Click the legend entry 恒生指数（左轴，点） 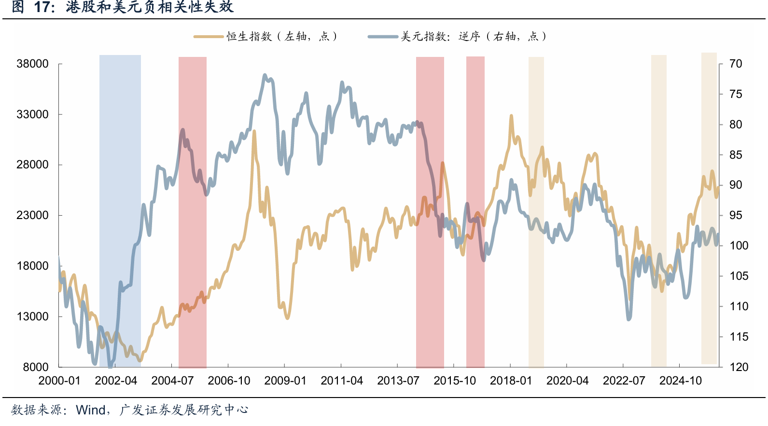266,36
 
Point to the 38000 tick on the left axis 33,64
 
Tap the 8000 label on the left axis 36,367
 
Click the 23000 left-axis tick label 33,215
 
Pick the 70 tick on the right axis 736,64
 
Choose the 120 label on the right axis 739,367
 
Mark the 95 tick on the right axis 736,215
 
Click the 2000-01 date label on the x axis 59,381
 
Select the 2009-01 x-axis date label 285,381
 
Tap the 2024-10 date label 681,381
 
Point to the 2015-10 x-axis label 455,381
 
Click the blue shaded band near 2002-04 120,211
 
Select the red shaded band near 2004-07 192,212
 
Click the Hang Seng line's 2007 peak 254,131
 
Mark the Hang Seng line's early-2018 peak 511,115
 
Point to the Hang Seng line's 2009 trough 287,318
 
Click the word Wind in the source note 91,410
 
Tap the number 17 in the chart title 42,7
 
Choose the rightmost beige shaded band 709,208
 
